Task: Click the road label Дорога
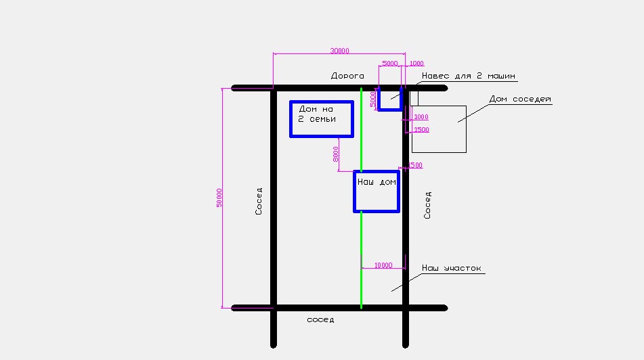click(347, 76)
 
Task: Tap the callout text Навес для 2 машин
click(468, 76)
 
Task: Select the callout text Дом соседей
click(520, 99)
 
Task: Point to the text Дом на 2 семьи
click(317, 114)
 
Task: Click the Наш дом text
click(377, 182)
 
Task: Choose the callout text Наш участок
click(452, 268)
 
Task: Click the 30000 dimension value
click(340, 51)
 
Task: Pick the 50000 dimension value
click(219, 198)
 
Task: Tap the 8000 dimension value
click(336, 154)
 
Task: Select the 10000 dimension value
click(383, 265)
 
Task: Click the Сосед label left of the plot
click(259, 201)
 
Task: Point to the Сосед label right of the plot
click(427, 205)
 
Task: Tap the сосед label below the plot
click(320, 320)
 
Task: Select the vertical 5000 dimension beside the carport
click(372, 99)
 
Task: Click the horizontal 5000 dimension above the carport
click(390, 63)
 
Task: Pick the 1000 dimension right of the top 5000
click(416, 63)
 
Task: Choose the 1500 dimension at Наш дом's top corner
click(415, 165)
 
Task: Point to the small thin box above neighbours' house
click(414, 91)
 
